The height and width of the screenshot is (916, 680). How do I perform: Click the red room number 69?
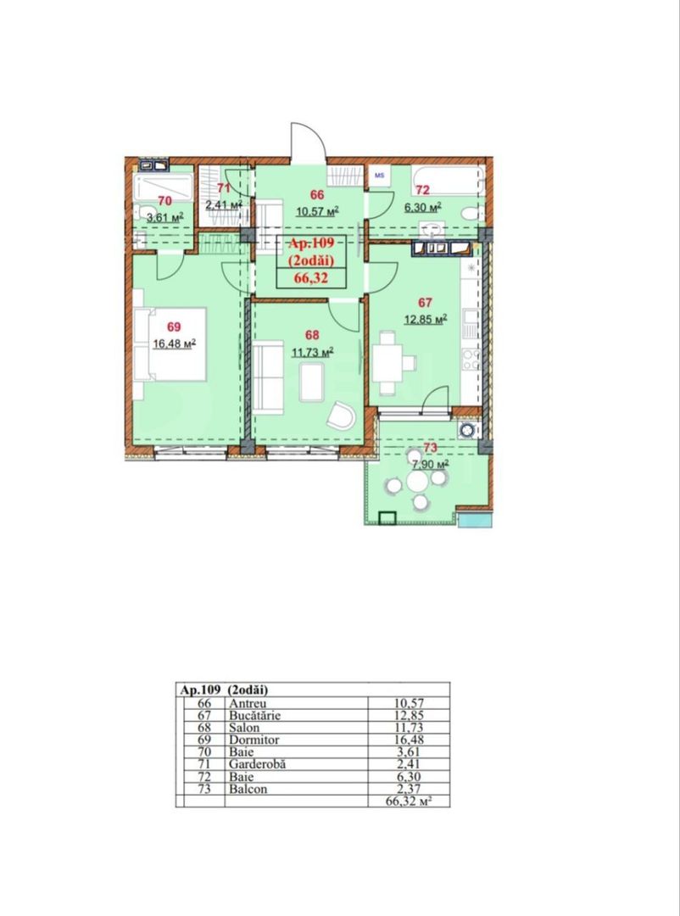(174, 327)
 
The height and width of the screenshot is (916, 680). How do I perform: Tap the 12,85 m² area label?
(427, 318)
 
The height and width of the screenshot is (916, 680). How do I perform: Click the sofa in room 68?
(272, 374)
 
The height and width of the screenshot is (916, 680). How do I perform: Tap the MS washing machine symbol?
(379, 176)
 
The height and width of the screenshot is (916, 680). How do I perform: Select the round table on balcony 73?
(416, 481)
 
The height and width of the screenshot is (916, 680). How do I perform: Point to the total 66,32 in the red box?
(311, 276)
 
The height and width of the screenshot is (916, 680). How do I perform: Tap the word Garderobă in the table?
(257, 763)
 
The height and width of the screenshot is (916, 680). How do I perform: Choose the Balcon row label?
(247, 788)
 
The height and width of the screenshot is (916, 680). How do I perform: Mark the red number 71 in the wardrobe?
(224, 188)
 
